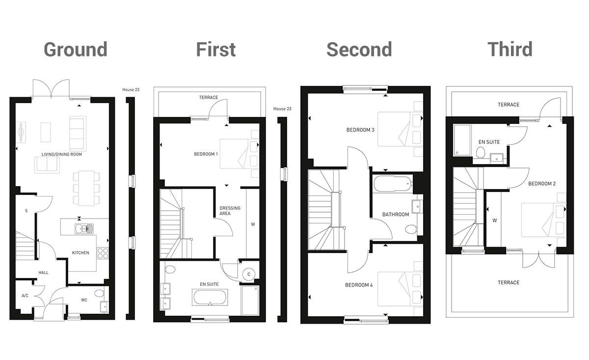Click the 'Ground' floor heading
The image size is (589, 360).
click(x=76, y=50)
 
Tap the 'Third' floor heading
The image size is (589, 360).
click(x=509, y=50)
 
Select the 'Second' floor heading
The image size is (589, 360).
click(x=359, y=50)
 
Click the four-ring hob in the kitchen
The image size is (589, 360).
click(x=103, y=253)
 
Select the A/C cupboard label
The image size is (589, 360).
click(x=25, y=296)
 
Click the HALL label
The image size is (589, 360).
click(x=44, y=273)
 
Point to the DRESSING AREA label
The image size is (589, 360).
click(x=230, y=211)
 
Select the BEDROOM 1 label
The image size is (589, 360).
click(x=206, y=154)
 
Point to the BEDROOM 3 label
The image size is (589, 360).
click(x=360, y=130)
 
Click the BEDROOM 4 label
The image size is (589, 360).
click(x=359, y=285)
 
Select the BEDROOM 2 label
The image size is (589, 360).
click(x=541, y=184)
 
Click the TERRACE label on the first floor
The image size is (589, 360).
click(x=209, y=98)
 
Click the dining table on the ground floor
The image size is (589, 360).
click(x=86, y=187)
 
